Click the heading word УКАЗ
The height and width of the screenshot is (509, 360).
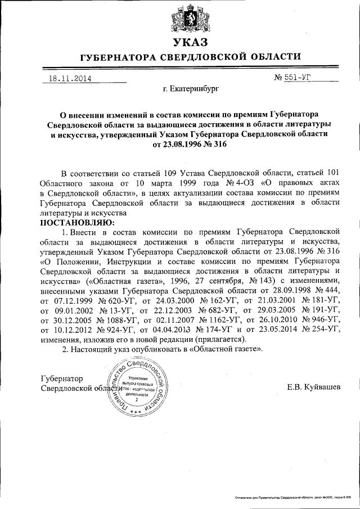[x=182, y=43]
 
